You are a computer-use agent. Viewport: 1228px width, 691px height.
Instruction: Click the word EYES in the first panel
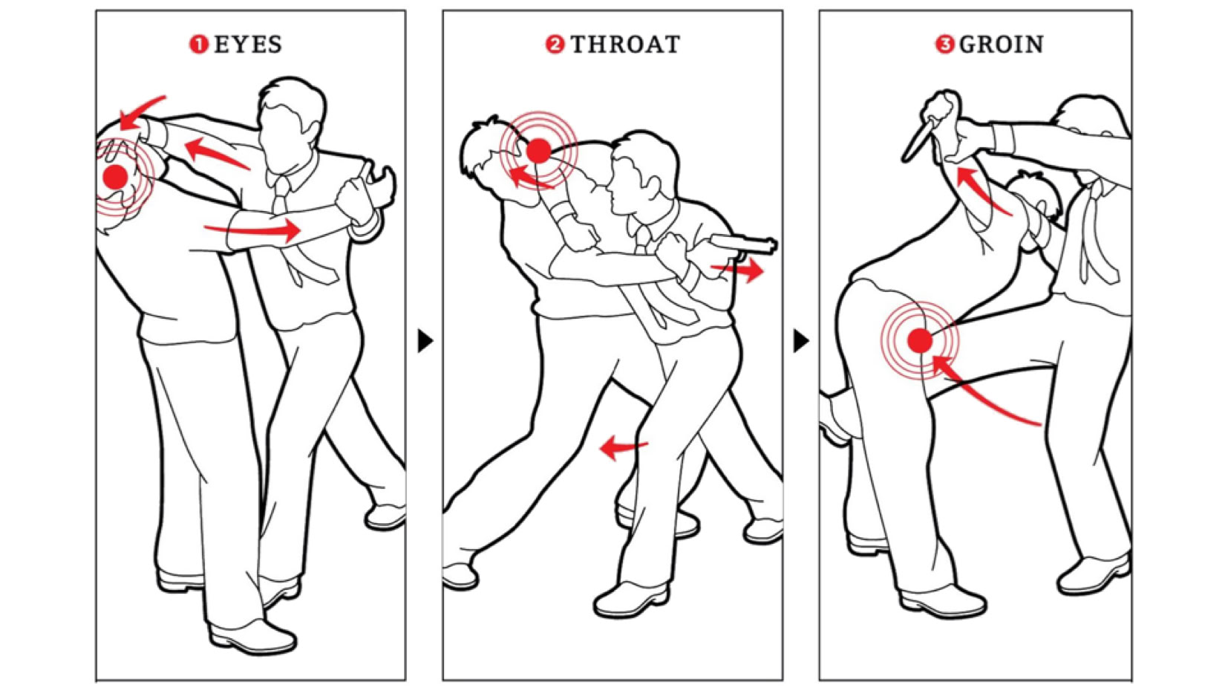point(248,45)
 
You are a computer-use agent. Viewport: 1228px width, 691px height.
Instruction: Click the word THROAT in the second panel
point(626,45)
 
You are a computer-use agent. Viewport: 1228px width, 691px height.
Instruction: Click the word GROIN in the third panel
point(1001,45)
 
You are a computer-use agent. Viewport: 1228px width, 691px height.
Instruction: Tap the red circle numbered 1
point(198,45)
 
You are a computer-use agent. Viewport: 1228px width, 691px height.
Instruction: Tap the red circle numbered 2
point(555,45)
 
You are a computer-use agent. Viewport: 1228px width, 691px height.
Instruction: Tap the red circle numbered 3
point(944,45)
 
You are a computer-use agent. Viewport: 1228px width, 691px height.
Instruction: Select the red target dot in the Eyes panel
point(115,177)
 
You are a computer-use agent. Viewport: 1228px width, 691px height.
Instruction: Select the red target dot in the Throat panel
point(538,151)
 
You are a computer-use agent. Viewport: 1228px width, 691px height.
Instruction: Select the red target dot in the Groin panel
point(920,340)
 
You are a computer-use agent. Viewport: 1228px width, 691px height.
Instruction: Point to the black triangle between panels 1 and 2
point(425,340)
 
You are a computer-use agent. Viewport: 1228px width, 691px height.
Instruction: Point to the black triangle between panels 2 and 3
point(801,340)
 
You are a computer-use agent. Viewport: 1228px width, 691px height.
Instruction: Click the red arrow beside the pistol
point(737,269)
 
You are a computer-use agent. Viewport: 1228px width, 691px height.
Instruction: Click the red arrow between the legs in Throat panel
point(624,447)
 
